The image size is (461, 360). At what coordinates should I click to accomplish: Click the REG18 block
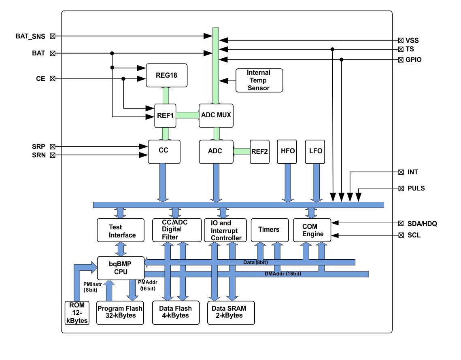166,75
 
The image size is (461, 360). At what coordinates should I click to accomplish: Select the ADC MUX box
216,115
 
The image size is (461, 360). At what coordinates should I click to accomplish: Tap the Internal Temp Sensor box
259,80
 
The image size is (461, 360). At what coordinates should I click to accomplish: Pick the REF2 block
259,152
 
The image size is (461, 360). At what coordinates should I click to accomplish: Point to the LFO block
315,152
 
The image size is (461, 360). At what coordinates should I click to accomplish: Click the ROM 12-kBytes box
76,313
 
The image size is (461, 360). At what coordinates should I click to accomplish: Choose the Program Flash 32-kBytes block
120,312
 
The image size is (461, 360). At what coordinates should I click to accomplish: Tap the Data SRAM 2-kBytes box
231,312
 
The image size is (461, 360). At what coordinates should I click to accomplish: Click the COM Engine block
312,231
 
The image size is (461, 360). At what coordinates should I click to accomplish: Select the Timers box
269,230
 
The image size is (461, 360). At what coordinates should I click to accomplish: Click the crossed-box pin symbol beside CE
52,79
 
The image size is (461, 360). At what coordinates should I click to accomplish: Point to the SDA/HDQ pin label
422,223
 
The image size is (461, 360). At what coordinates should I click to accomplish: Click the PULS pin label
416,188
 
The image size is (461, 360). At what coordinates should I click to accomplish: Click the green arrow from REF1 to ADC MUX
187,115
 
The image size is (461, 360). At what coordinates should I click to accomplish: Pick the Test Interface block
121,231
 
